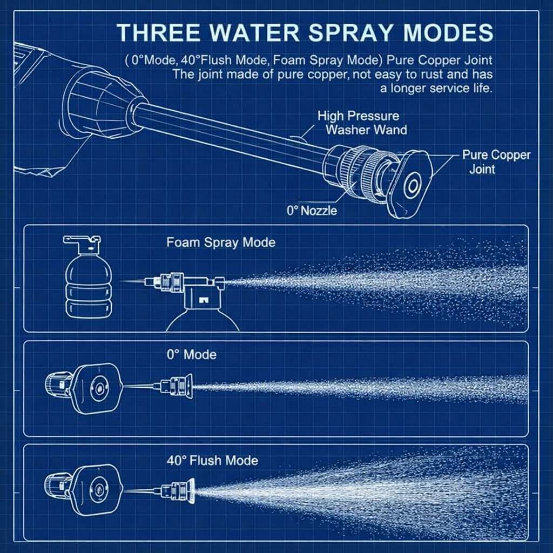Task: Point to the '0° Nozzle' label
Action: click(x=312, y=211)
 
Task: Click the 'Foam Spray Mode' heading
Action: click(x=221, y=242)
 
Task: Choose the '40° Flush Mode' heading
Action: click(x=212, y=461)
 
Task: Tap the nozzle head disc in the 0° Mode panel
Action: click(x=98, y=388)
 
